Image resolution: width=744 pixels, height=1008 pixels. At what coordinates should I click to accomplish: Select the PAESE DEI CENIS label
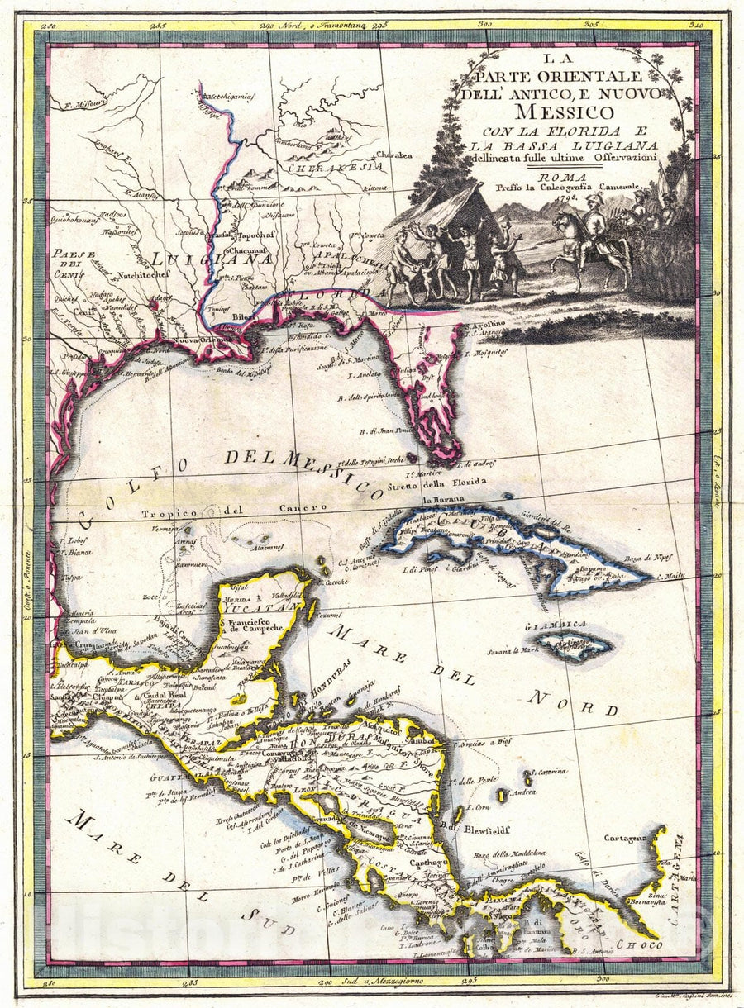click(74, 264)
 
